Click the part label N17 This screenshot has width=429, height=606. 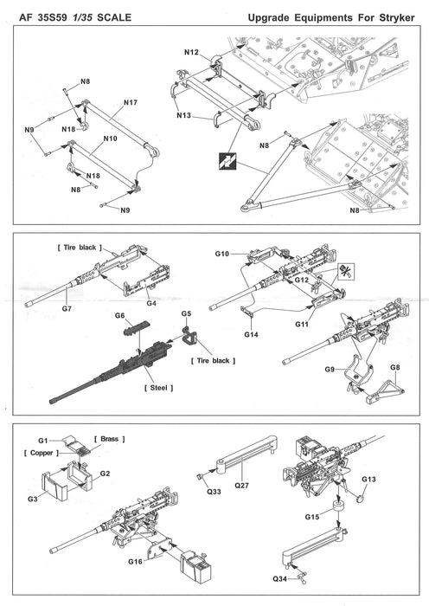131,103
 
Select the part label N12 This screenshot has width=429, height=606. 191,53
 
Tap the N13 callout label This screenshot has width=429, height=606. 184,115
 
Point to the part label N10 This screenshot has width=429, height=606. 111,138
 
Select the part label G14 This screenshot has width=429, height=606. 252,334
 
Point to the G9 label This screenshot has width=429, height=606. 330,370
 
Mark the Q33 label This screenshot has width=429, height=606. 214,493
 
